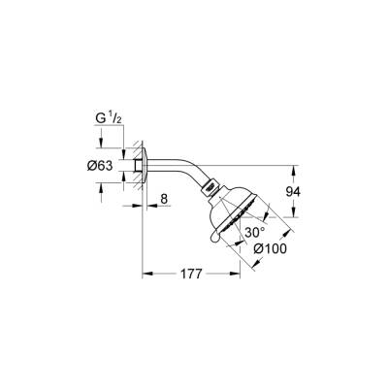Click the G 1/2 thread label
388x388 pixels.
click(x=110, y=121)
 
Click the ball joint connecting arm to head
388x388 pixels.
click(x=208, y=187)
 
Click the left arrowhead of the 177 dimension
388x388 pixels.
click(x=146, y=275)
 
